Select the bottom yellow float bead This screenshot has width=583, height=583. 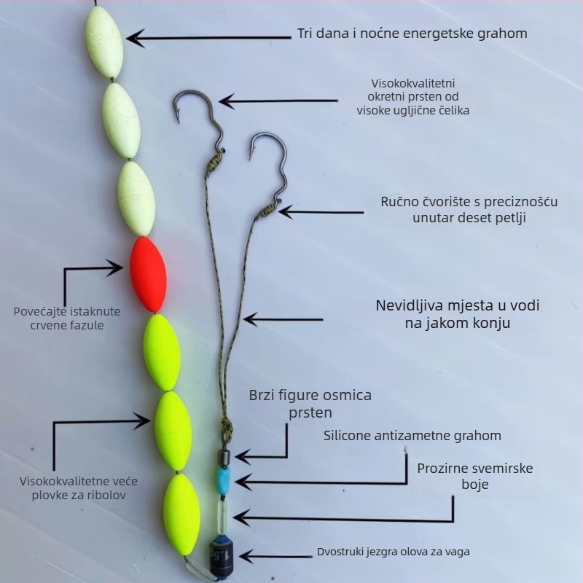(x=181, y=514)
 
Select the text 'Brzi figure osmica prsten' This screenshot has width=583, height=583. (x=310, y=404)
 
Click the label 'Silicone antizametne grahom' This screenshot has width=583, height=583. (x=412, y=436)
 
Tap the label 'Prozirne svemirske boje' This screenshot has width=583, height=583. (x=474, y=476)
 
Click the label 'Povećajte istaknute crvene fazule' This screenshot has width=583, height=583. (x=67, y=318)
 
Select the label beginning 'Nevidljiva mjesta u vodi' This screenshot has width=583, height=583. (x=458, y=313)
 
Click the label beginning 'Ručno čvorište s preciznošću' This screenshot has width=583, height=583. (x=469, y=209)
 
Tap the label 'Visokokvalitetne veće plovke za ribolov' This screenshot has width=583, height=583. (x=78, y=488)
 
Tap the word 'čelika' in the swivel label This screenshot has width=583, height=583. (x=452, y=111)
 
